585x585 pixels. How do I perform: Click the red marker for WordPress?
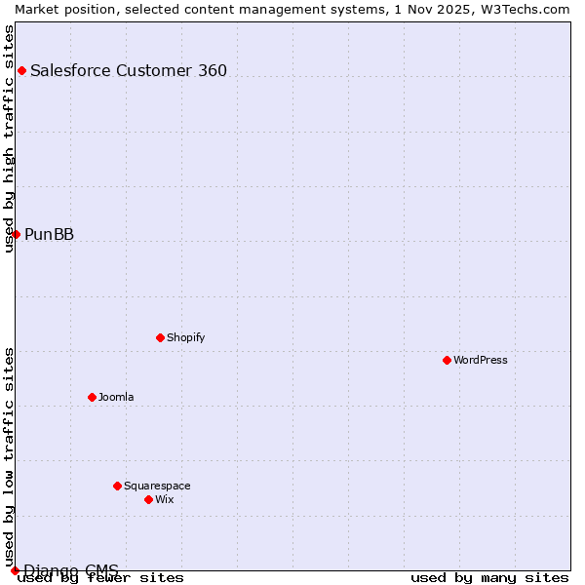tap(447, 360)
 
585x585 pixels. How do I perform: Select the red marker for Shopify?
tap(160, 337)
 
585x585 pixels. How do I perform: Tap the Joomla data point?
tap(92, 397)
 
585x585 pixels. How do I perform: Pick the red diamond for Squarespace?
tap(117, 486)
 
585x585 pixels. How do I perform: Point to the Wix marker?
tap(148, 499)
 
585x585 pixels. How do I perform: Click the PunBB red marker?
tap(16, 234)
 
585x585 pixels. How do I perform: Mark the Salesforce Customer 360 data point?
tap(21, 70)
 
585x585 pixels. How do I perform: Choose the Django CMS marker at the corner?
tap(15, 570)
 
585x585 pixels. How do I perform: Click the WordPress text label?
tap(481, 360)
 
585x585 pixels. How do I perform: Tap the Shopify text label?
tap(185, 337)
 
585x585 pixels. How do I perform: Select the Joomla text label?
tap(116, 397)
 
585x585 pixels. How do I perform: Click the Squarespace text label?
tap(157, 486)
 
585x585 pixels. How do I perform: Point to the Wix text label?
tap(164, 499)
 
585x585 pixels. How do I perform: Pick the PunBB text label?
tap(49, 234)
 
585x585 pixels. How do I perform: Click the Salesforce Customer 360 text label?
tap(129, 70)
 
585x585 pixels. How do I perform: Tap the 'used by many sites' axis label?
tap(489, 577)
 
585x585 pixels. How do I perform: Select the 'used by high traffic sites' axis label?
tap(10, 138)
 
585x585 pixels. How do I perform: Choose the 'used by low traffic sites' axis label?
tap(10, 457)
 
